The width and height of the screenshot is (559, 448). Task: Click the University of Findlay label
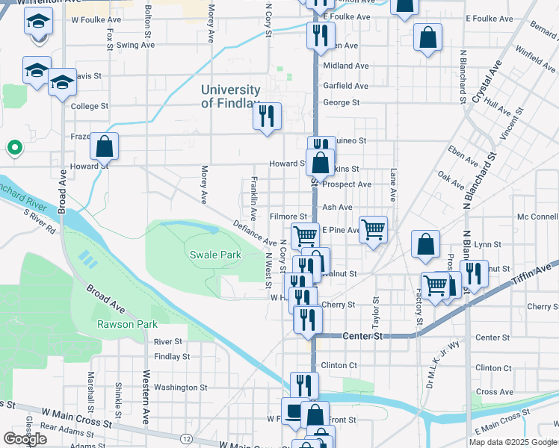click(x=230, y=97)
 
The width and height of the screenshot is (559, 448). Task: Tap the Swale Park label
click(x=215, y=255)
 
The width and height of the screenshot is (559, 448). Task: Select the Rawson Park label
click(x=127, y=324)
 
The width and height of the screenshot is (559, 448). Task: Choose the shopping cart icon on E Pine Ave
click(x=373, y=229)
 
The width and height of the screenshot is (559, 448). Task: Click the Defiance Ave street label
click(x=255, y=233)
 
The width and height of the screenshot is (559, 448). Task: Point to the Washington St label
click(x=181, y=388)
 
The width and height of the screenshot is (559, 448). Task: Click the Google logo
click(x=25, y=439)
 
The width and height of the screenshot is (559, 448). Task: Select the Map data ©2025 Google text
click(x=513, y=442)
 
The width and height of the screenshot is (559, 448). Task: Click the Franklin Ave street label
click(x=255, y=198)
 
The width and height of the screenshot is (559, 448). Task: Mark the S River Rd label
click(x=39, y=221)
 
